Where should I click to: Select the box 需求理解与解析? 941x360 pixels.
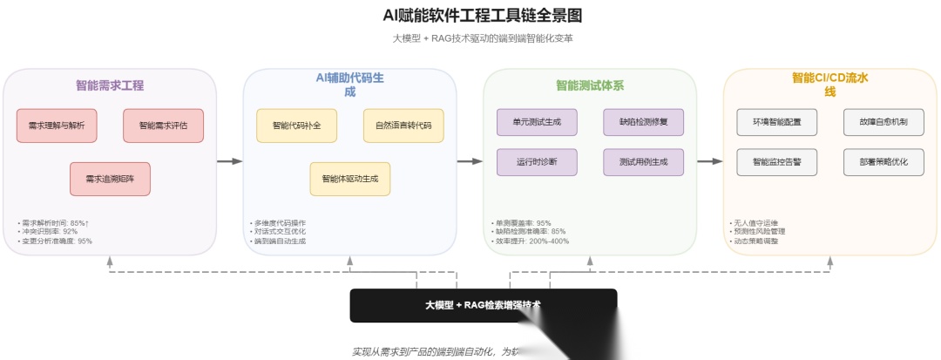[x=57, y=126]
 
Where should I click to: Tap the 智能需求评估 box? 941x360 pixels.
[x=163, y=126]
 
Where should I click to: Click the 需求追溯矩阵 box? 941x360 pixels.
[x=110, y=179]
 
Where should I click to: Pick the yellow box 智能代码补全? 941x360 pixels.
[x=296, y=126]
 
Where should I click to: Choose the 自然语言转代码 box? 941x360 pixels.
[x=403, y=126]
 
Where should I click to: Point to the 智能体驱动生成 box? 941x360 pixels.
[x=349, y=179]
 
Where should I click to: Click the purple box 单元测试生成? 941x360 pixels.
[x=537, y=122]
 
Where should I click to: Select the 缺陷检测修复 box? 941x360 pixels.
[x=644, y=122]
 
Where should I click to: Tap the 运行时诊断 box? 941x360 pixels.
[x=537, y=162]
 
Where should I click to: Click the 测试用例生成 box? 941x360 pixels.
[x=644, y=162]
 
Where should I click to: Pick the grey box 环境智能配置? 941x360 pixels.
[x=776, y=122]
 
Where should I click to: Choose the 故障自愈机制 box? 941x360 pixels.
[x=883, y=122]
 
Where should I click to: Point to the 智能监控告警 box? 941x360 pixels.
[x=776, y=162]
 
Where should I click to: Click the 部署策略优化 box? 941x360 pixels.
[x=883, y=162]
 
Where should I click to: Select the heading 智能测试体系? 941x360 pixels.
[x=590, y=85]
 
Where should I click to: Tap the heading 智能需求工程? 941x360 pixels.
[x=110, y=85]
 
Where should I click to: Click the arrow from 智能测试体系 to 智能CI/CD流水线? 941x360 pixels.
[x=709, y=161]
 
